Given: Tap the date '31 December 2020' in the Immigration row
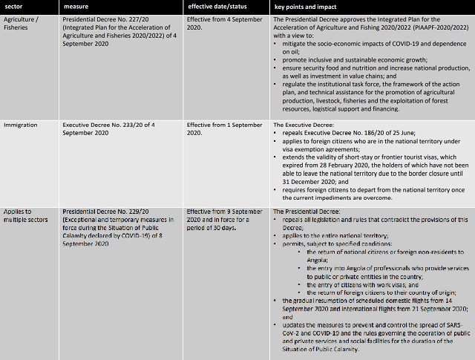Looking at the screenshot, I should pyautogui.click(x=308, y=180).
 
